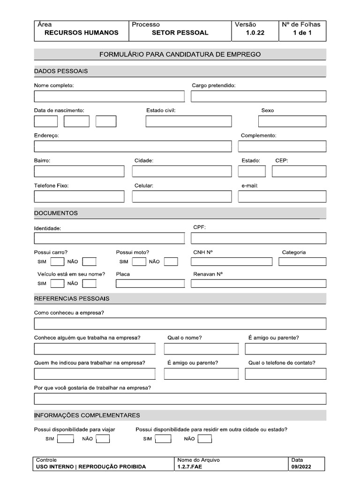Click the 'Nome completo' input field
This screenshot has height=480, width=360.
point(109,97)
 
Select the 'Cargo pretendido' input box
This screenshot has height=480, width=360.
point(258,97)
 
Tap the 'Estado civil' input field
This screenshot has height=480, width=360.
point(188,121)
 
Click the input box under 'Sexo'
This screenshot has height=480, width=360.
point(292,121)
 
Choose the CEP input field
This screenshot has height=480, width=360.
point(299,171)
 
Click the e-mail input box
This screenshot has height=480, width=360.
point(282,196)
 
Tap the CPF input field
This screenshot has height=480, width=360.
point(258,238)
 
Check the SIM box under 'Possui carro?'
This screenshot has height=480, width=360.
point(57,262)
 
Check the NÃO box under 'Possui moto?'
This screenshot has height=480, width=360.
point(171,262)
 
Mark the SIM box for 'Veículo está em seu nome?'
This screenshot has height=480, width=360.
point(57,283)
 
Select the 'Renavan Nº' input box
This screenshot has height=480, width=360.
point(258,283)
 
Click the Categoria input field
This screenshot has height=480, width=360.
point(302,262)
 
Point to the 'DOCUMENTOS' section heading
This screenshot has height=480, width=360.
point(56,213)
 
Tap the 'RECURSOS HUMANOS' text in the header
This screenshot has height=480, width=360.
point(81,33)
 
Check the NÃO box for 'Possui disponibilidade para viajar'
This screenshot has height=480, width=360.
point(103,439)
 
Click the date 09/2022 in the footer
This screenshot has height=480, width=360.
point(300,466)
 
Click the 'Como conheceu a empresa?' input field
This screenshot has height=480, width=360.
point(180,323)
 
